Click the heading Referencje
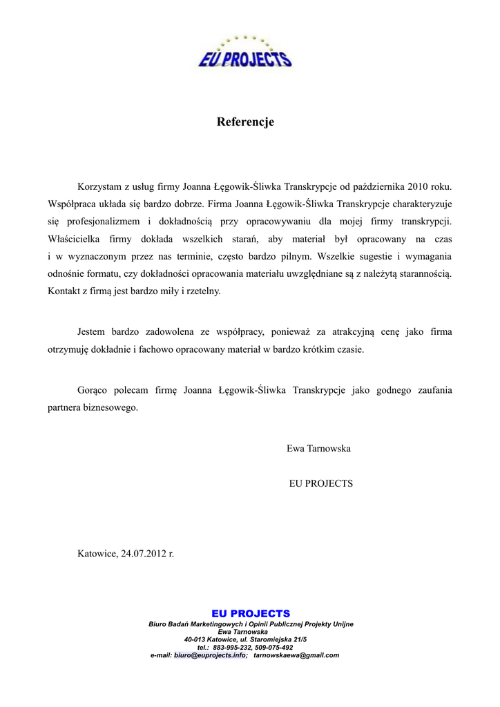pos(245,122)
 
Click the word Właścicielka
pos(74,239)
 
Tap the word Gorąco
pos(94,390)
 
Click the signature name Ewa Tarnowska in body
pos(318,449)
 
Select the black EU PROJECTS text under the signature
pos(320,484)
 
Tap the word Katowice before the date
pos(97,554)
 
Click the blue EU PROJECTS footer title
pos(251,613)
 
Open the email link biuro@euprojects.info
pos(211,655)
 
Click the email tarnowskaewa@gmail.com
pos(296,655)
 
